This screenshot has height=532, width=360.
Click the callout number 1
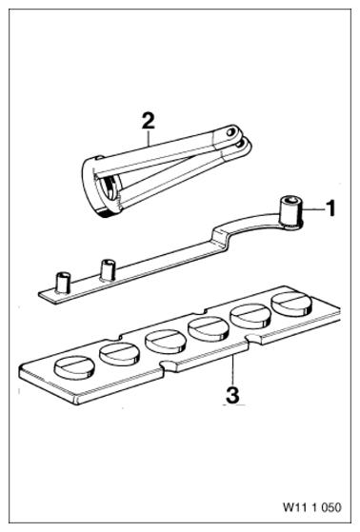330,208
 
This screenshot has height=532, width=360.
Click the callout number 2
148,121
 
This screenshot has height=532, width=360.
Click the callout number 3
232,395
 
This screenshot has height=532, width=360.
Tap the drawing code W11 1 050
311,507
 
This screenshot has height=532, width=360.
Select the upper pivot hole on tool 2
232,130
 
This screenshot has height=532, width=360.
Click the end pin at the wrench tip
64,282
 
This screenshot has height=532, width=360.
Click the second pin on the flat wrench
107,269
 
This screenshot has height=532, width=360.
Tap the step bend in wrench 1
221,239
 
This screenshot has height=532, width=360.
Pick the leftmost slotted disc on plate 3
72,366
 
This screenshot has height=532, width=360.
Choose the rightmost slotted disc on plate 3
291,303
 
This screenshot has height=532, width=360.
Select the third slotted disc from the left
166,341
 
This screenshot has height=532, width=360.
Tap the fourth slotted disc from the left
208,329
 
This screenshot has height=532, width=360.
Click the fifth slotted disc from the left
250,316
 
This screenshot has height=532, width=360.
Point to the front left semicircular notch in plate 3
170,365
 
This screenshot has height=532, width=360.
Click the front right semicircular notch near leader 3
253,339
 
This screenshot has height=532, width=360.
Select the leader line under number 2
149,137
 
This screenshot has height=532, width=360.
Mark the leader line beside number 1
312,210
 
